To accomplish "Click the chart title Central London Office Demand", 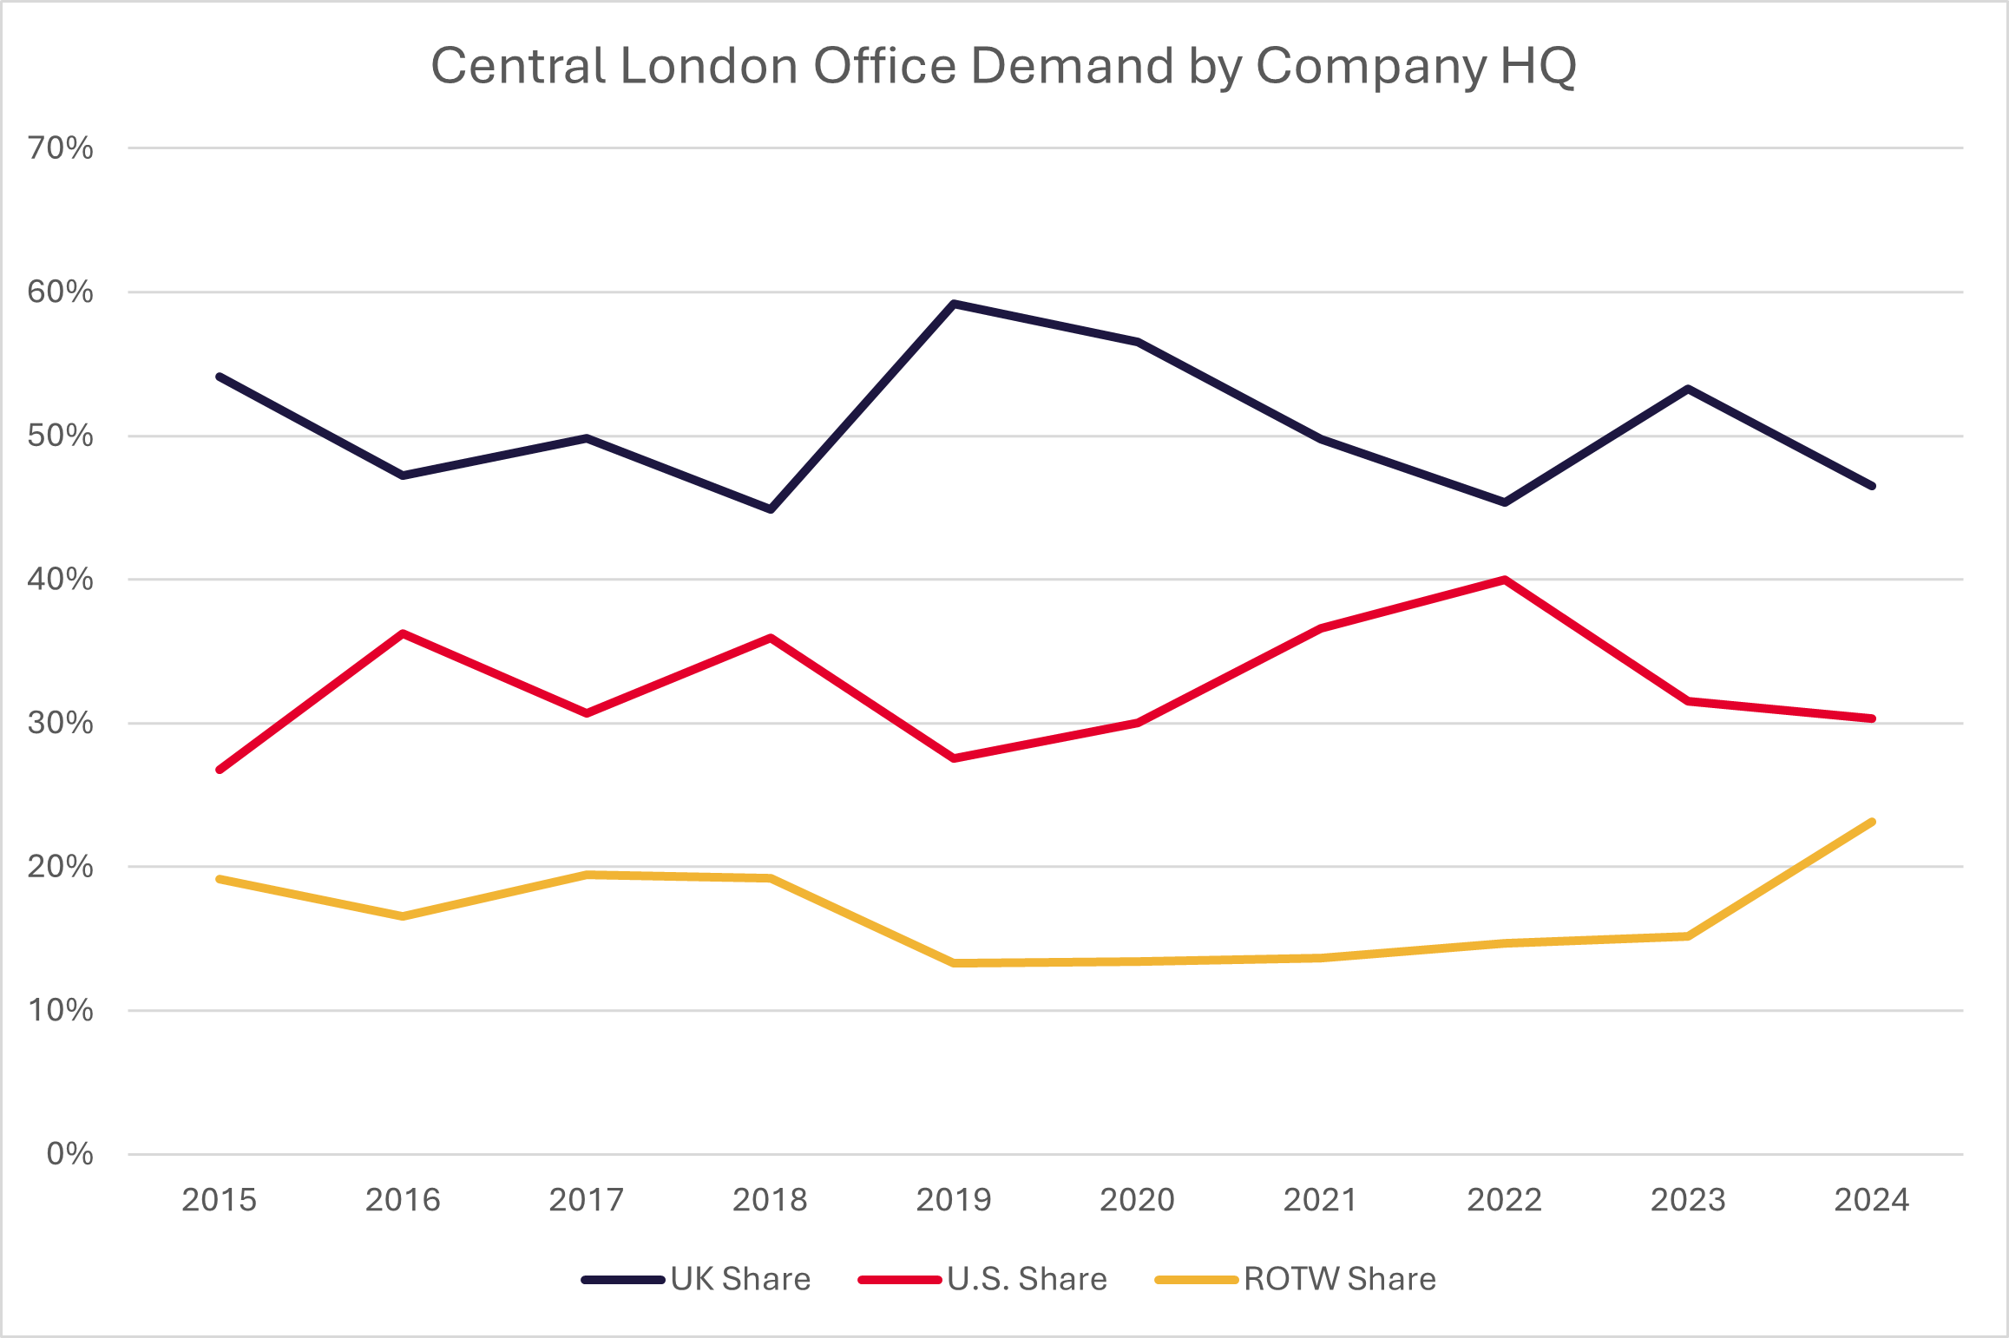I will pyautogui.click(x=1003, y=66).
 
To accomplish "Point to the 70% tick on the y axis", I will pyautogui.click(x=61, y=148).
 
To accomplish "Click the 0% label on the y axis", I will pyautogui.click(x=69, y=1154).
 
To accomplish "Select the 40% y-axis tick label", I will pyautogui.click(x=61, y=579).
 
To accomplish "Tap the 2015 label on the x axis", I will pyautogui.click(x=220, y=1200).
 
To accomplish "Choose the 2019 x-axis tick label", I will pyautogui.click(x=954, y=1200).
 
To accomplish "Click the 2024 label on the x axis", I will pyautogui.click(x=1872, y=1200).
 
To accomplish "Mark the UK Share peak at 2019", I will pyautogui.click(x=954, y=304).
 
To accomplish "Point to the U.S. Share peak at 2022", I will pyautogui.click(x=1504, y=580).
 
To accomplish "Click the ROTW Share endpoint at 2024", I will pyautogui.click(x=1872, y=822).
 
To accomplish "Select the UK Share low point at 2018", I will pyautogui.click(x=771, y=509).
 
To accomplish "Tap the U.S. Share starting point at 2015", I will pyautogui.click(x=220, y=770).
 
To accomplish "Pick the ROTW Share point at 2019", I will pyautogui.click(x=954, y=963).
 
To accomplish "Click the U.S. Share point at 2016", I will pyautogui.click(x=404, y=633).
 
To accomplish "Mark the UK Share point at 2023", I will pyautogui.click(x=1688, y=389).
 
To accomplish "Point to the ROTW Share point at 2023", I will pyautogui.click(x=1688, y=936).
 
